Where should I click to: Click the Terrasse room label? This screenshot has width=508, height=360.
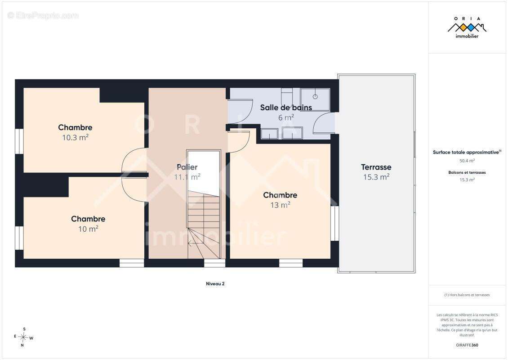[376, 167]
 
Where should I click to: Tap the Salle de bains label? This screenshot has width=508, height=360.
[286, 108]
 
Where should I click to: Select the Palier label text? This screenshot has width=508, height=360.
[187, 167]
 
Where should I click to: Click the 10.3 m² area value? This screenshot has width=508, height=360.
[75, 138]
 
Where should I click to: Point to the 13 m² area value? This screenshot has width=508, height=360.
[280, 205]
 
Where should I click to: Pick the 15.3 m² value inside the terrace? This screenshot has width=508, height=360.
[376, 177]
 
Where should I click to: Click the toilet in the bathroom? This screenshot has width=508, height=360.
[287, 95]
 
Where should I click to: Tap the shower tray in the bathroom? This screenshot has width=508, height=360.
[315, 99]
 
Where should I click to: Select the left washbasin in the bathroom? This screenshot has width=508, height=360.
[269, 134]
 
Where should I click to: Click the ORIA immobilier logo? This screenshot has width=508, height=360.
[467, 27]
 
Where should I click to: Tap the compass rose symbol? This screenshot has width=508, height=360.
[23, 337]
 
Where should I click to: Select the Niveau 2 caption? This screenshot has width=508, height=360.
[215, 284]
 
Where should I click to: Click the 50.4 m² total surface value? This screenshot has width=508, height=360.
[467, 161]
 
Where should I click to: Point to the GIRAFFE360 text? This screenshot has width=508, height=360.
[467, 345]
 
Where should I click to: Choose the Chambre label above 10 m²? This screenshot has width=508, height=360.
[88, 219]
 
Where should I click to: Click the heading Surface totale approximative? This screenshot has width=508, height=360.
[467, 152]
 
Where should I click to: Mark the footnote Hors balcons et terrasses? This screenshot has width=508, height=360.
[467, 295]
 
